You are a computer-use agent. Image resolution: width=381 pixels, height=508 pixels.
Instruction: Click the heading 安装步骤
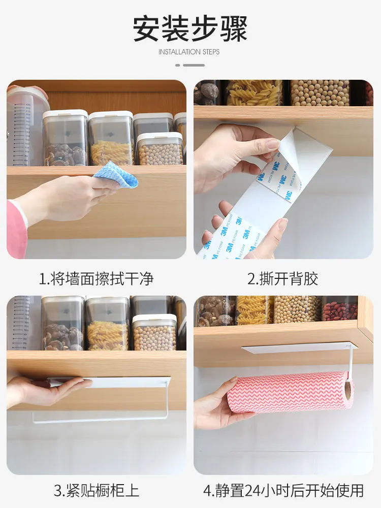190,28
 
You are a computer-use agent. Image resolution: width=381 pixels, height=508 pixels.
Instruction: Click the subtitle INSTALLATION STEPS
189,52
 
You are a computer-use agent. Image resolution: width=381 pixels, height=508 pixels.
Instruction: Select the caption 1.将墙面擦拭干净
96,278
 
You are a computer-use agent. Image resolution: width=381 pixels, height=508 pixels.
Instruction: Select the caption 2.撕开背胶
282,278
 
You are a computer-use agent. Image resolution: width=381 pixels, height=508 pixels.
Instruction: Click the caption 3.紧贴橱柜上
96,490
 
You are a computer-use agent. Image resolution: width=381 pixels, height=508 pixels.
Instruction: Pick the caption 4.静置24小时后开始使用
283,490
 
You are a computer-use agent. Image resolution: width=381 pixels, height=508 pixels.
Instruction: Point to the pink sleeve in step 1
16,229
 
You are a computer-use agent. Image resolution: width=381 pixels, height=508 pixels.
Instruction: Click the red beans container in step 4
339,308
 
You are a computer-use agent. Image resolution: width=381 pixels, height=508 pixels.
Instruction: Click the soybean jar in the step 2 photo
320,92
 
